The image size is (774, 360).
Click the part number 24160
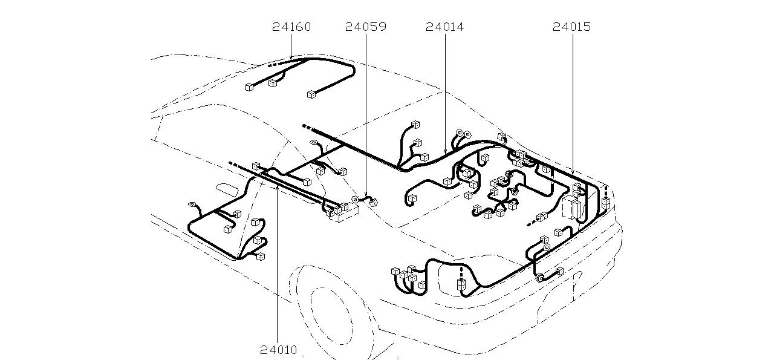click(291, 27)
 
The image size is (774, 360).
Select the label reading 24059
click(365, 27)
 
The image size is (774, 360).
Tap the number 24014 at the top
click(444, 27)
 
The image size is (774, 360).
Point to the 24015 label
click(571, 27)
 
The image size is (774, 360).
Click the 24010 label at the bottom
click(279, 350)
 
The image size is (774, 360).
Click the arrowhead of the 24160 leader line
click(291, 58)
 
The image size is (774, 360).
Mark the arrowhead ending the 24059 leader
click(366, 197)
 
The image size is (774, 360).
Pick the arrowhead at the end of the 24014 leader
click(445, 152)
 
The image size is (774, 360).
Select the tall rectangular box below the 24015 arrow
click(571, 206)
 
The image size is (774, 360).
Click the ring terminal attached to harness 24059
click(356, 199)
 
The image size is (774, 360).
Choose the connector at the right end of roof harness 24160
click(311, 94)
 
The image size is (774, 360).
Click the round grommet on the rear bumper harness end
click(538, 278)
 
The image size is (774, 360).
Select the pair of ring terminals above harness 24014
click(463, 134)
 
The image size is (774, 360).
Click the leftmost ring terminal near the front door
click(193, 205)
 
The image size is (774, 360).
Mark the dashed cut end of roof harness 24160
click(273, 64)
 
